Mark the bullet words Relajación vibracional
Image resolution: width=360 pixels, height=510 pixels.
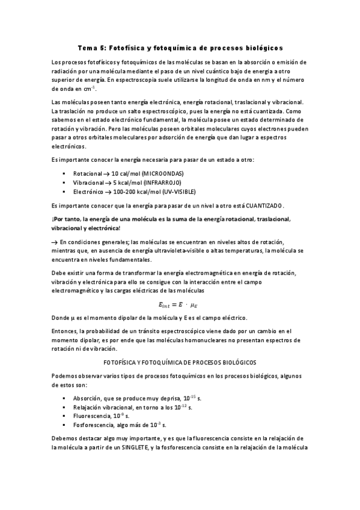point(104,407)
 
